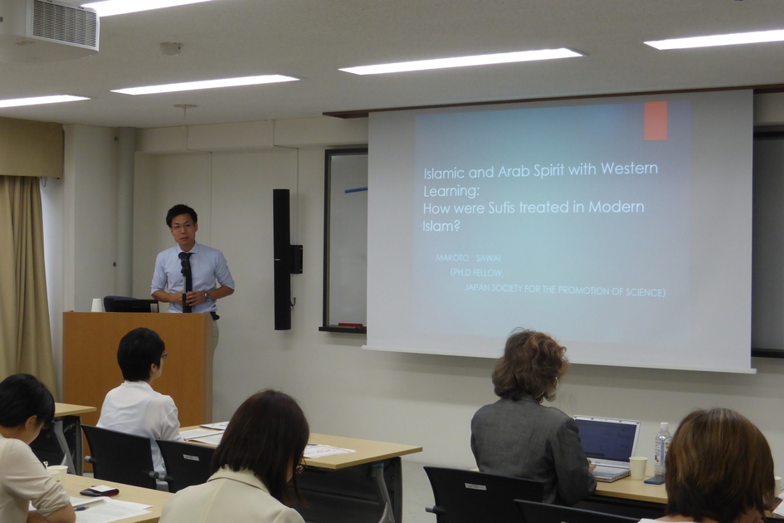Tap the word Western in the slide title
[630, 168]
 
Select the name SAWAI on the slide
[489, 257]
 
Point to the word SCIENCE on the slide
[645, 292]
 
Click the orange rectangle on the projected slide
[655, 121]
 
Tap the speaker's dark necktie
[186, 283]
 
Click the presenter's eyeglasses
[182, 226]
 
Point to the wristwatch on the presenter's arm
[207, 297]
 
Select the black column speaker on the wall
[282, 259]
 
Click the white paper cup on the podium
[96, 305]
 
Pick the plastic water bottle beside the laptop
[663, 449]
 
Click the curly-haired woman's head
[530, 364]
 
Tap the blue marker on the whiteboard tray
[356, 190]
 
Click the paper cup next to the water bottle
[638, 467]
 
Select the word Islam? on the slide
[441, 226]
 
